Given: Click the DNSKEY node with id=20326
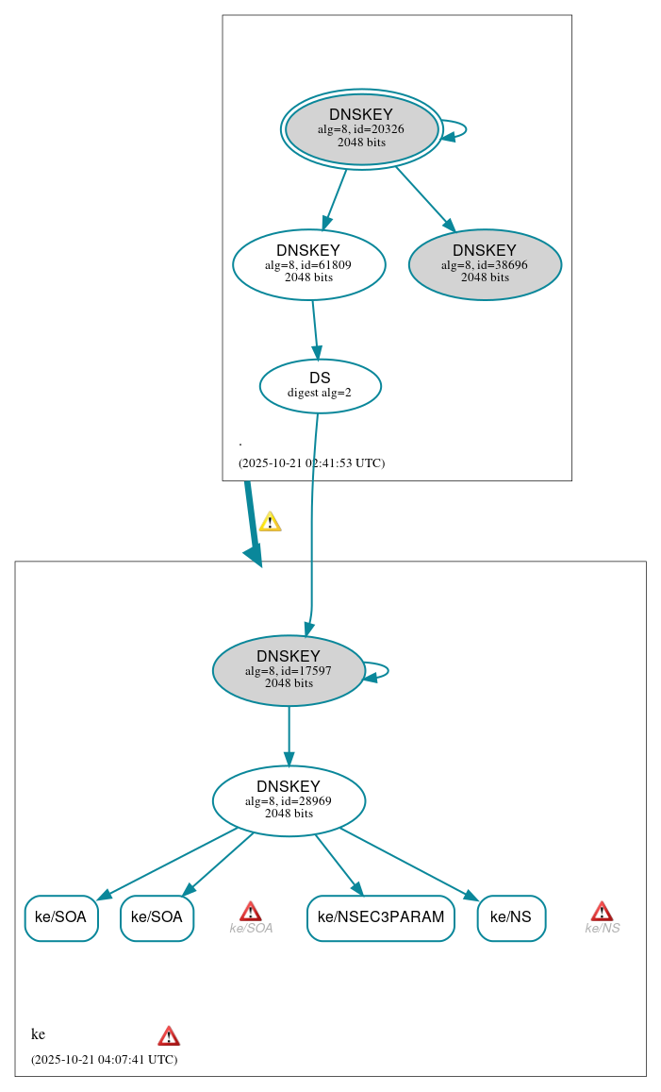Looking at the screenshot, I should (x=362, y=129).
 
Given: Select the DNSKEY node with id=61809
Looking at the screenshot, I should (x=308, y=264).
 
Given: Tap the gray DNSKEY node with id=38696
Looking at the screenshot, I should (x=485, y=264).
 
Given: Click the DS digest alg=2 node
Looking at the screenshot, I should (x=320, y=385).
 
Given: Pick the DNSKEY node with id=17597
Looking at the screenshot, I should (x=289, y=670).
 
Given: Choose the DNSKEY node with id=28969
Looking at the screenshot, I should (x=289, y=800).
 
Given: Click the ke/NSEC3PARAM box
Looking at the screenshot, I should (x=380, y=917).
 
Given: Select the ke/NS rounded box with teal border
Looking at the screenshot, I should (x=511, y=917).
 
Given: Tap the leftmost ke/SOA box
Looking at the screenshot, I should (x=61, y=917).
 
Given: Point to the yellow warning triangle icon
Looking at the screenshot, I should (x=270, y=522).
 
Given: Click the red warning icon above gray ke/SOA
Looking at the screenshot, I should (x=251, y=911).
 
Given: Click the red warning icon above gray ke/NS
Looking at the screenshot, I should (x=602, y=911).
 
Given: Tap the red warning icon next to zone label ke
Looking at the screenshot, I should (x=169, y=1035).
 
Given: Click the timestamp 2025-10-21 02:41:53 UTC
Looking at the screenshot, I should (x=311, y=463).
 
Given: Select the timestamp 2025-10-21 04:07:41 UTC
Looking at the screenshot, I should (x=104, y=1059).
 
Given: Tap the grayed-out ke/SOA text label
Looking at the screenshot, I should (x=251, y=929).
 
